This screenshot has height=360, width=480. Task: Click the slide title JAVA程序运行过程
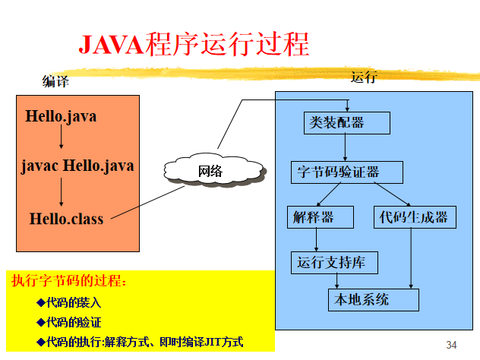(194, 43)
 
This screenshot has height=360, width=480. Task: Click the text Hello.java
(61, 117)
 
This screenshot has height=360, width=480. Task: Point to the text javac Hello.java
(77, 165)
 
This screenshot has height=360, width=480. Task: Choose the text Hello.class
(66, 219)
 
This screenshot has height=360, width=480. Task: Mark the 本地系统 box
(373, 299)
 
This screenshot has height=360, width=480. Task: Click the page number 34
(452, 346)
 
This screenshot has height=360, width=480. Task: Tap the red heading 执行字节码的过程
(69, 282)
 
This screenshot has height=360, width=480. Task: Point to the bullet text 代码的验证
(74, 322)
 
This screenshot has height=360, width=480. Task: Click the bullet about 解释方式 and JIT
(144, 342)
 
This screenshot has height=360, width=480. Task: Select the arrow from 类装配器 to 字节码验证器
(346, 147)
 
